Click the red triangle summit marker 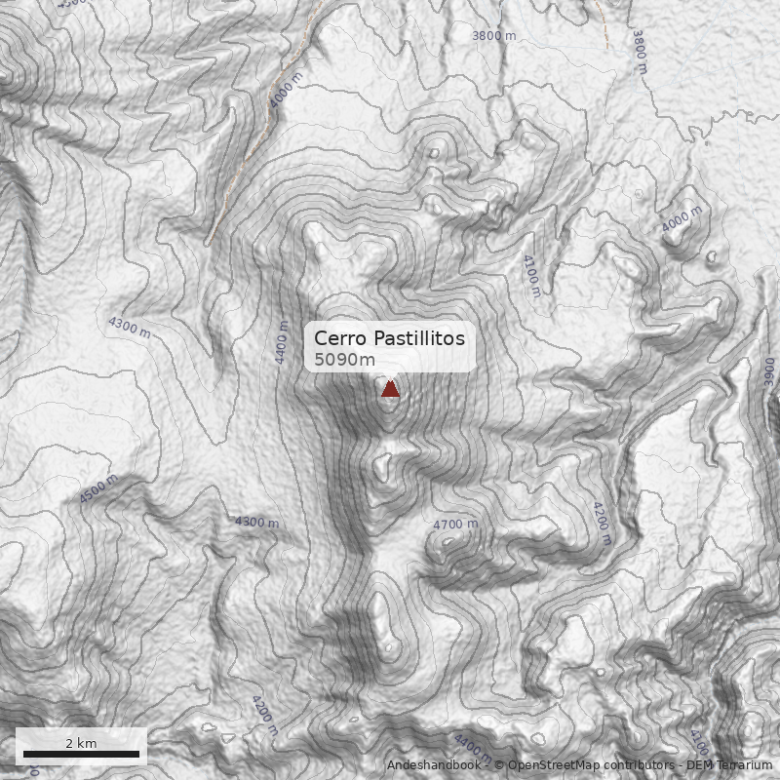(390, 389)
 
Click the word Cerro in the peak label (336, 338)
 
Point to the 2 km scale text (81, 743)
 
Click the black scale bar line (81, 755)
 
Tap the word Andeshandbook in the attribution (433, 765)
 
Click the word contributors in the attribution (639, 765)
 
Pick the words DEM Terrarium (722, 765)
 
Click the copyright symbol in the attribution (498, 765)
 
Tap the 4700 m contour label (455, 525)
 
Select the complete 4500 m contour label (98, 488)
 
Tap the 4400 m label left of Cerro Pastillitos (282, 342)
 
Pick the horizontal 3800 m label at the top (493, 36)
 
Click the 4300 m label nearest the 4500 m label (256, 523)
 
